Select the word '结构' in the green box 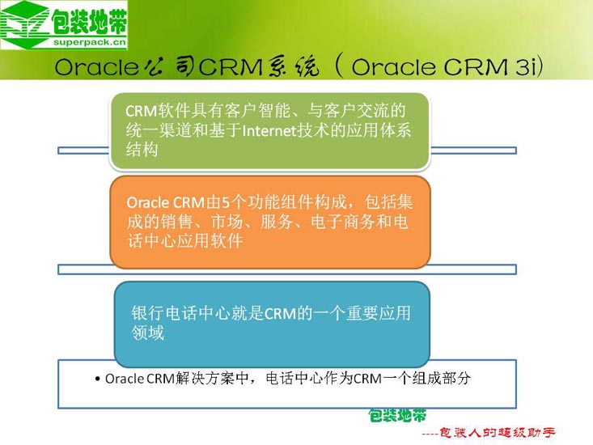click(x=141, y=150)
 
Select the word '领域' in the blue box click(x=147, y=333)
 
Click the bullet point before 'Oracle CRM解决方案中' click(x=97, y=379)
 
